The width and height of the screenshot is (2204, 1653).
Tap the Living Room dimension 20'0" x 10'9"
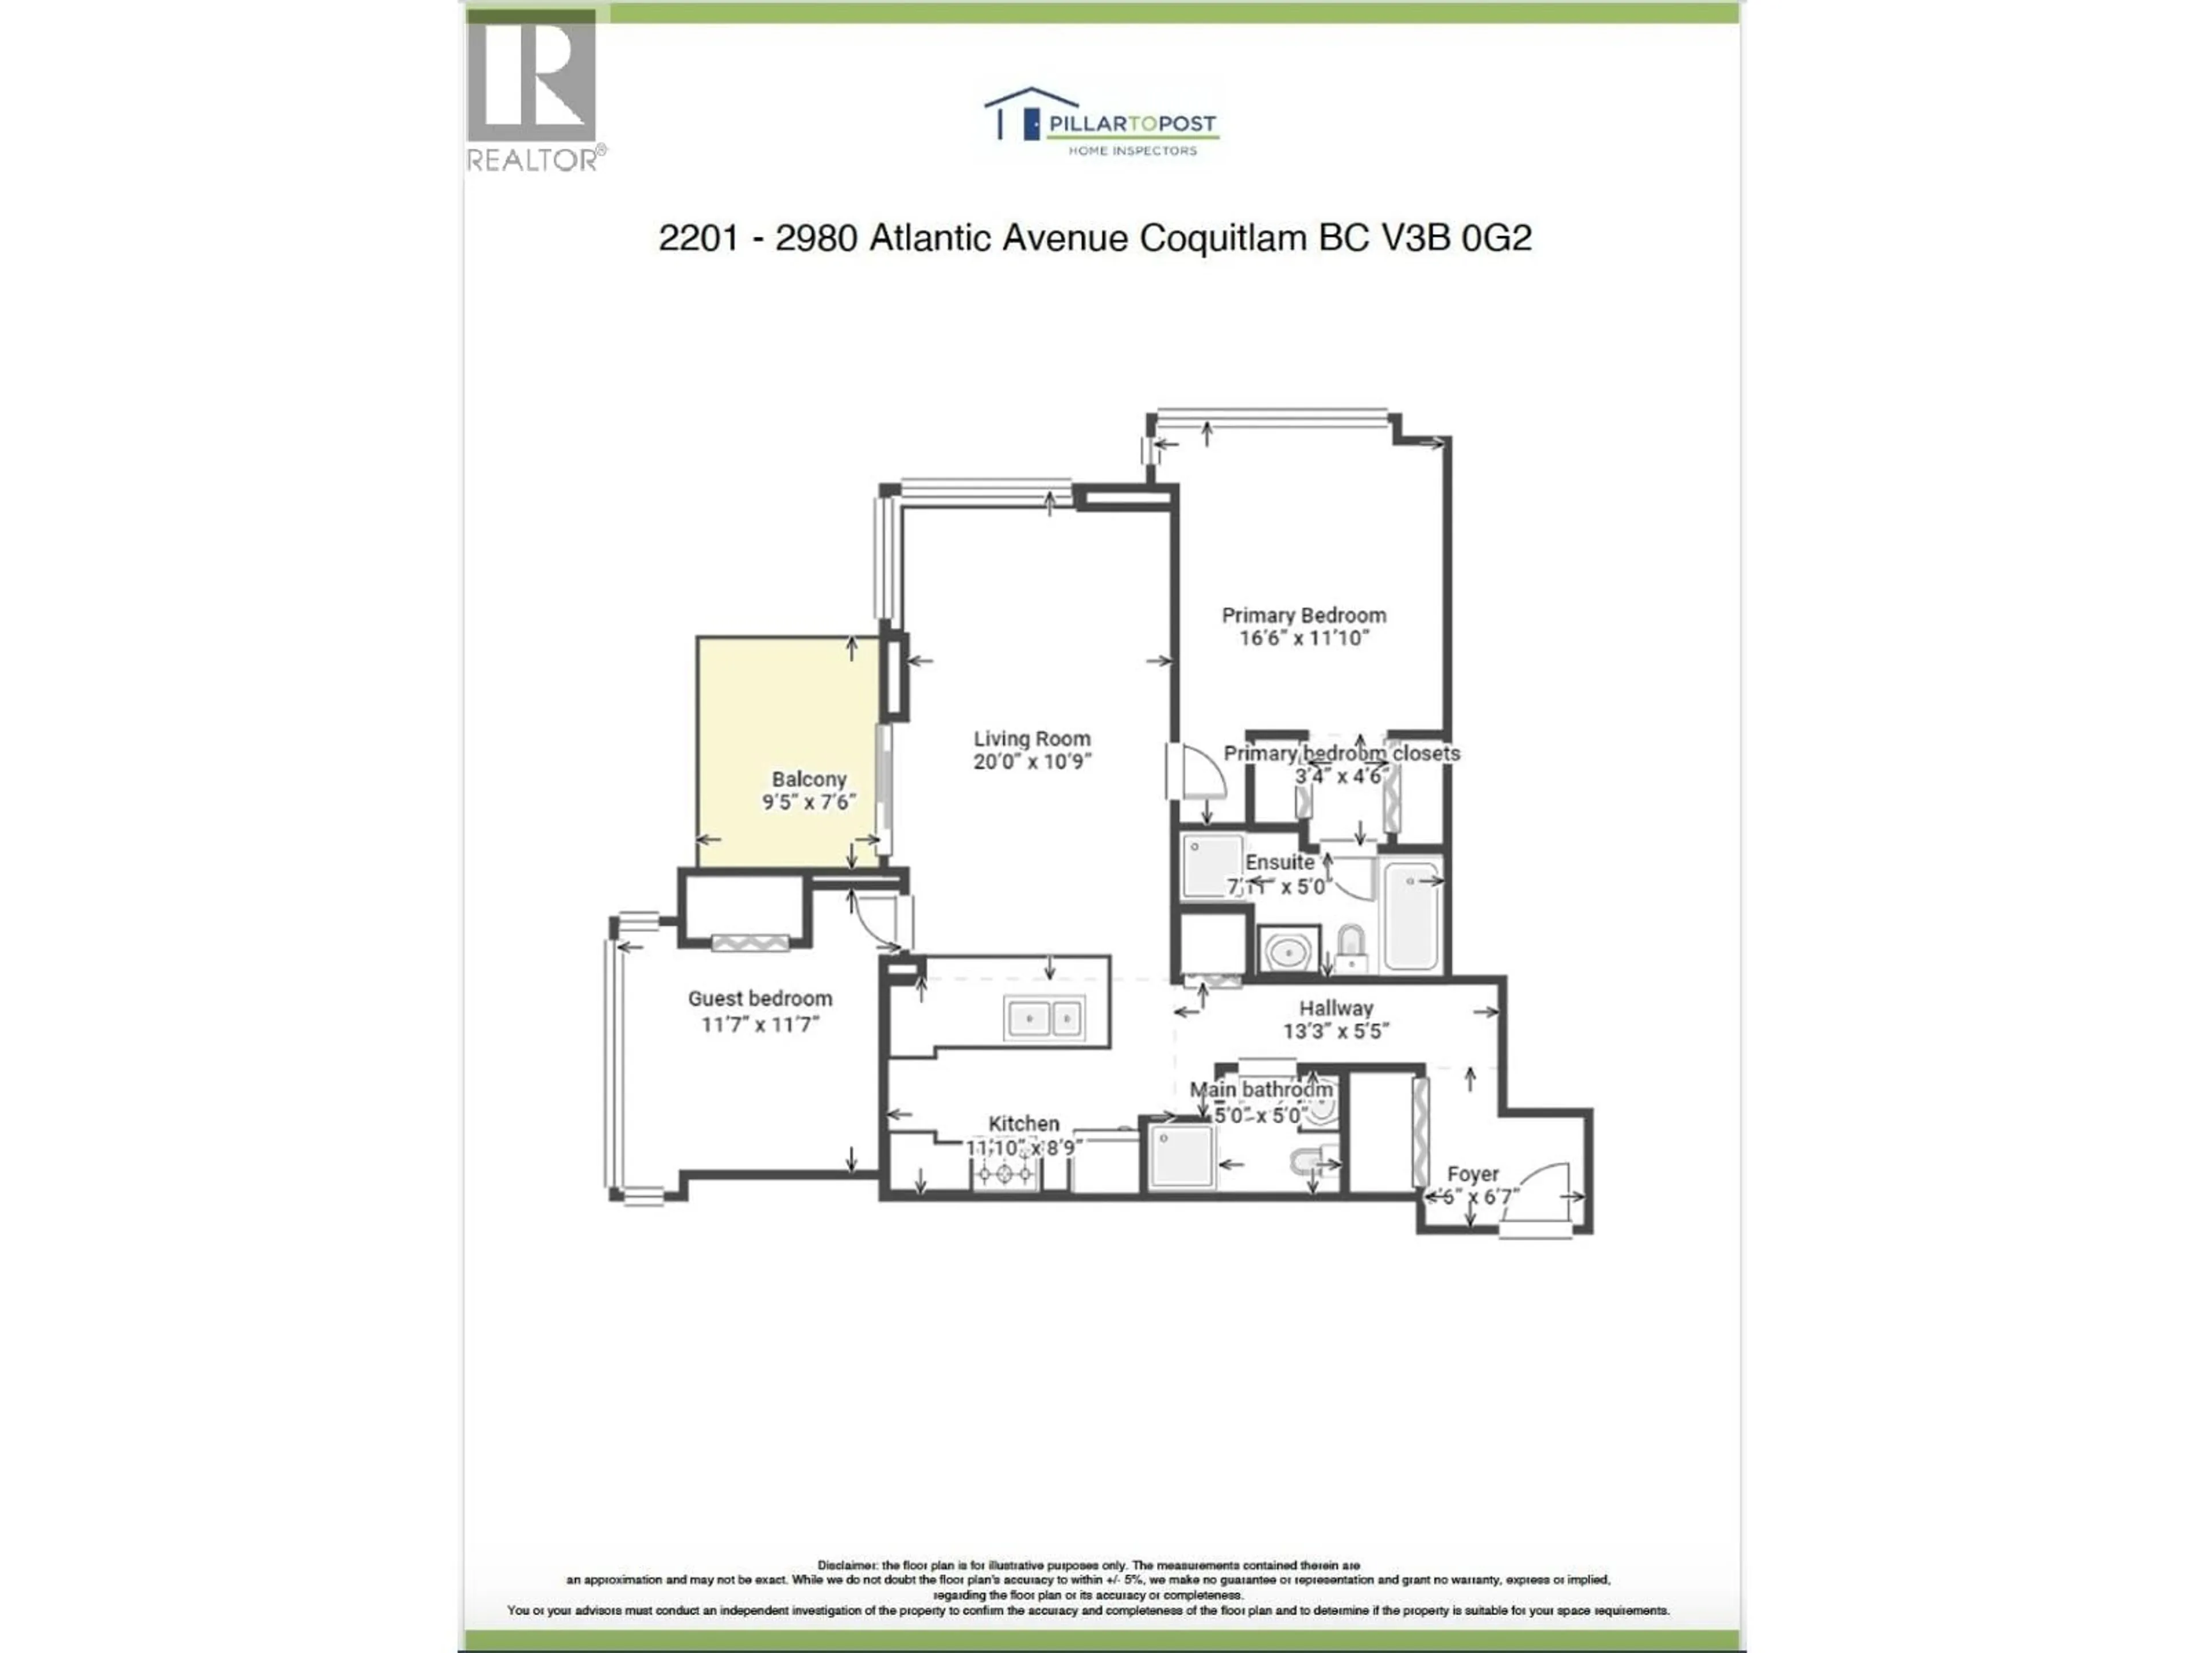tap(1032, 762)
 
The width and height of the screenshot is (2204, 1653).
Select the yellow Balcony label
tap(809, 779)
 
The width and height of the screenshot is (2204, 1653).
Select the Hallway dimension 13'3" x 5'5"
tap(1335, 1031)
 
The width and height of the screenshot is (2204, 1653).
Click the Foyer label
tap(1473, 1175)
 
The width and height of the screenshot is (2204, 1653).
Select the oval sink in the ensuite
tap(1289, 953)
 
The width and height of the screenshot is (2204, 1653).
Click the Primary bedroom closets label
tap(1341, 753)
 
